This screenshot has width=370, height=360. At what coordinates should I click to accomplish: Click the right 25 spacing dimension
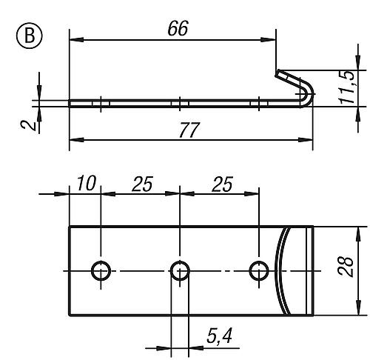222,183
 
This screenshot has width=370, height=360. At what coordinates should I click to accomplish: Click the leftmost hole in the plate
100,270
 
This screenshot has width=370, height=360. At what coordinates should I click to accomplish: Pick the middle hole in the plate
179,270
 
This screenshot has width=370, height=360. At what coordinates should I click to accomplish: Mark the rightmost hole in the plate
258,270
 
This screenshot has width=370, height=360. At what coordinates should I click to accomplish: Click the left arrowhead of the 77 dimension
72,139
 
